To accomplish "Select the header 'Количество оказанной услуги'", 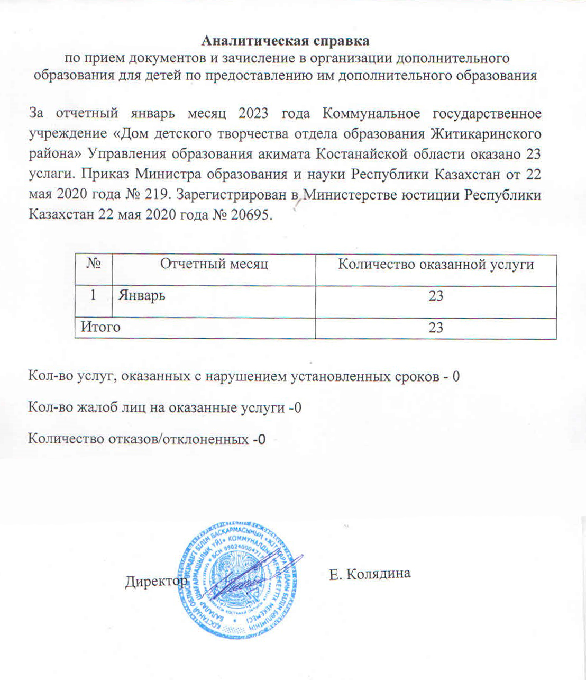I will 435,264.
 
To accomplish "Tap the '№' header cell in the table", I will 93,264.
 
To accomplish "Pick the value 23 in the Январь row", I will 435,296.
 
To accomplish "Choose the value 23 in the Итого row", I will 435,328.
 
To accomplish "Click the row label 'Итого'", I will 100,327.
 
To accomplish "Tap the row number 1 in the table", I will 93,295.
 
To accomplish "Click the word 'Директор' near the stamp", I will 156,582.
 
